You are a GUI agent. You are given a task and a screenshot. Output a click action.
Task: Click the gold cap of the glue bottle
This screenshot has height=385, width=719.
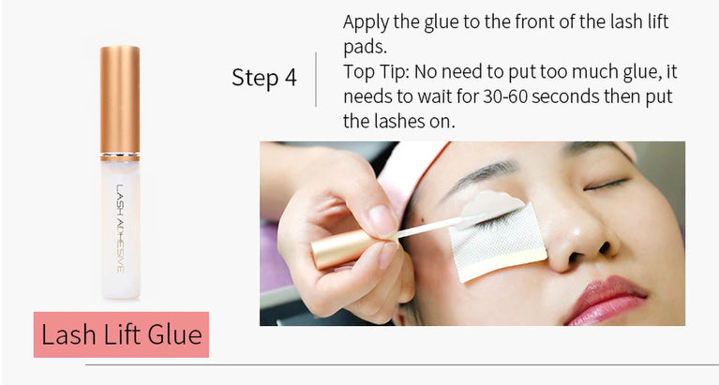[x=119, y=99]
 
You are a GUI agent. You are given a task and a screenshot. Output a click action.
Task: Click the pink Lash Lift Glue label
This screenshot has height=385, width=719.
[x=121, y=334]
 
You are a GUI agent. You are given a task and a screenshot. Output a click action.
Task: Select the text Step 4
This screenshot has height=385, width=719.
[x=263, y=77]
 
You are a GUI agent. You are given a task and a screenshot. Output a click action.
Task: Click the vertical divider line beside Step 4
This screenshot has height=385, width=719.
[x=317, y=80]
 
